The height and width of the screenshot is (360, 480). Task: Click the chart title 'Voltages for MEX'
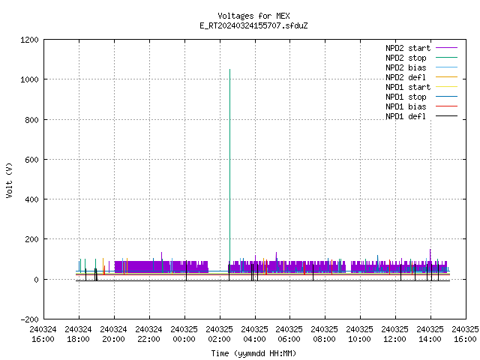pyautogui.click(x=253, y=16)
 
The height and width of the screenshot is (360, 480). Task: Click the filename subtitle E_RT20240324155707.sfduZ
pyautogui.click(x=253, y=25)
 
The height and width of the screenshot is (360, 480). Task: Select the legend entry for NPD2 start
pyautogui.click(x=421, y=48)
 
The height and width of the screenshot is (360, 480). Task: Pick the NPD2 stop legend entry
pyautogui.click(x=421, y=58)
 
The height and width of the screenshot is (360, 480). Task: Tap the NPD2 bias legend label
pyautogui.click(x=406, y=67)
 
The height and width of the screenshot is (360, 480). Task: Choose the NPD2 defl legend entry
pyautogui.click(x=421, y=77)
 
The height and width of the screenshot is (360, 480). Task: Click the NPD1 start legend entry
pyautogui.click(x=421, y=87)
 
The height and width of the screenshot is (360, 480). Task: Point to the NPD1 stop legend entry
pyautogui.click(x=421, y=97)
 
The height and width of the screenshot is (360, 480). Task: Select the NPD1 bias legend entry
pyautogui.click(x=421, y=106)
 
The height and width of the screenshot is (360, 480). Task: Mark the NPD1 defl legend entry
pyautogui.click(x=421, y=117)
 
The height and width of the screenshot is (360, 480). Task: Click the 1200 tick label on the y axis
pyautogui.click(x=29, y=40)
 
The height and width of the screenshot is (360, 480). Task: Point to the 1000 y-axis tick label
pyautogui.click(x=29, y=80)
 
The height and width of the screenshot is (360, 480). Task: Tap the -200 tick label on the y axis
pyautogui.click(x=29, y=319)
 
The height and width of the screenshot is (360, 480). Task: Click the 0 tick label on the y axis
pyautogui.click(x=37, y=280)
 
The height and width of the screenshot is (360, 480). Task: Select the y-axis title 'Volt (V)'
pyautogui.click(x=9, y=181)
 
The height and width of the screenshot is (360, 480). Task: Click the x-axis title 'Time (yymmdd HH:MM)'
pyautogui.click(x=253, y=353)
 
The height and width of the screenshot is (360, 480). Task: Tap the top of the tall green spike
pyautogui.click(x=230, y=70)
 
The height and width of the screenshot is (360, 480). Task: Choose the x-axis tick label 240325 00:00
pyautogui.click(x=184, y=334)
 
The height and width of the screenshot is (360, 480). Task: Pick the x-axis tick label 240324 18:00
pyautogui.click(x=78, y=334)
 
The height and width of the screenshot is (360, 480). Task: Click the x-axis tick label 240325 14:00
pyautogui.click(x=430, y=334)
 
